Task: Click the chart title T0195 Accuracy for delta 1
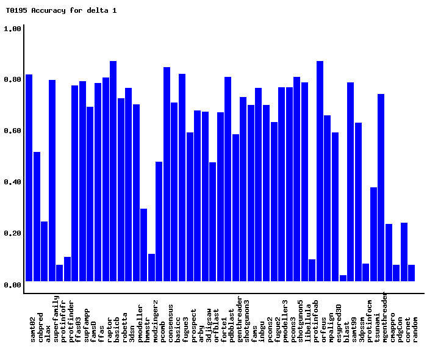click(x=61, y=10)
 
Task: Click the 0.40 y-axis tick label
click(x=13, y=182)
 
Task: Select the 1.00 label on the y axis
click(x=13, y=29)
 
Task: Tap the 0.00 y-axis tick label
click(x=13, y=284)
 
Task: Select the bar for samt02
click(x=29, y=178)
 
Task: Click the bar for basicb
click(x=113, y=171)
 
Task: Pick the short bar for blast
click(x=343, y=278)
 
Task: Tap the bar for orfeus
click(x=320, y=171)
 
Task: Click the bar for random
click(x=412, y=273)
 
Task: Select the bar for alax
click(x=45, y=251)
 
